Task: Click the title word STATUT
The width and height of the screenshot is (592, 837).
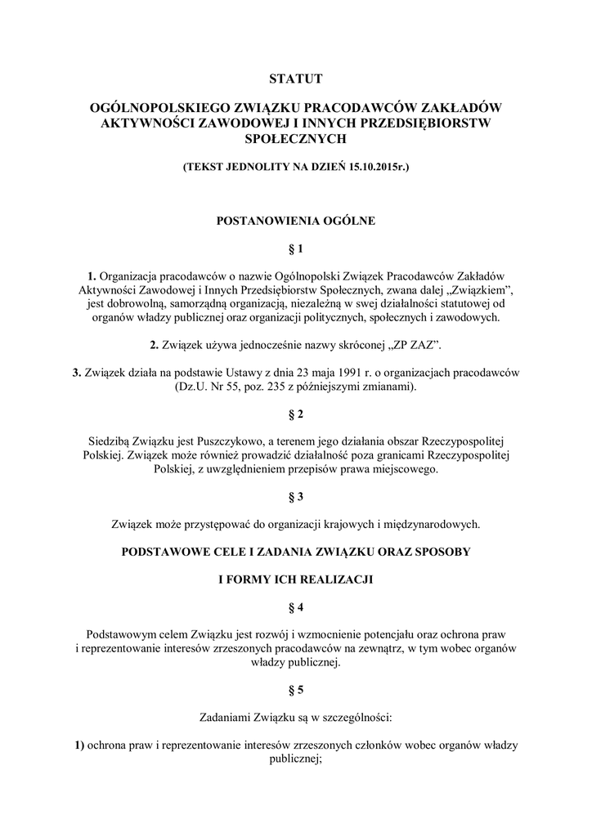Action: (296, 79)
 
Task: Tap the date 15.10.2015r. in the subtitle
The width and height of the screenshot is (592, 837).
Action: (374, 167)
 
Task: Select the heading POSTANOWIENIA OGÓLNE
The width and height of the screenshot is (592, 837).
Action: (295, 220)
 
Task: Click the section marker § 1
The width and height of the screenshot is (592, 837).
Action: (296, 248)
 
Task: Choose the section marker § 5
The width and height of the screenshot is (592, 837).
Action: (296, 691)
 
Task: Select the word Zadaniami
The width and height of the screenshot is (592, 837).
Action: (226, 718)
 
